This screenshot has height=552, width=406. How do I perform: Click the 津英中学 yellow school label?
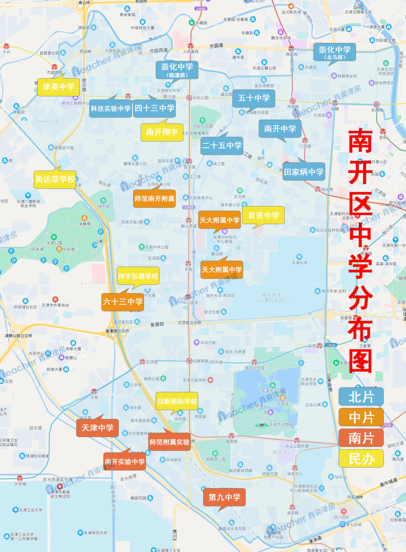click(58, 87)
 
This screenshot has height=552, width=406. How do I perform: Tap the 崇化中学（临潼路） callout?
click(177, 70)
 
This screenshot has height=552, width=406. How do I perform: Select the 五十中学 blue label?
click(254, 98)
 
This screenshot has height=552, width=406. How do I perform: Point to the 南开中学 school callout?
click(280, 129)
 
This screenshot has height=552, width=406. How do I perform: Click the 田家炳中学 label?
click(303, 172)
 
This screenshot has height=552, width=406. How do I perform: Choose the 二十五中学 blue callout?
click(222, 145)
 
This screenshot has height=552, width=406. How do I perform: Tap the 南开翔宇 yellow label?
click(162, 132)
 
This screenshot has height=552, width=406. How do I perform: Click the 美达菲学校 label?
click(55, 179)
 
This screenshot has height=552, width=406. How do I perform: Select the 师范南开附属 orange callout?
click(154, 198)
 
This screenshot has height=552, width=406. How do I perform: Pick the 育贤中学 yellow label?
click(263, 215)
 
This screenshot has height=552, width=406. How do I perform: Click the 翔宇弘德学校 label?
click(138, 276)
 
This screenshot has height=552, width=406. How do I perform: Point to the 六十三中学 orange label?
click(123, 302)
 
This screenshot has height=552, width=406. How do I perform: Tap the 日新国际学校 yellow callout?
click(177, 401)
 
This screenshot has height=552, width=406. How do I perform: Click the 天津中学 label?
click(97, 428)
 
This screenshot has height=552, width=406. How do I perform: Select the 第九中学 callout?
click(224, 497)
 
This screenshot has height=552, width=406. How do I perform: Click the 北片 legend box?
click(361, 397)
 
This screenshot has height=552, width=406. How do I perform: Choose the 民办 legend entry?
click(361, 459)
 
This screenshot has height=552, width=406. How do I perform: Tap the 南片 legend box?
click(361, 438)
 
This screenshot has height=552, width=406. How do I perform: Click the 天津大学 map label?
click(299, 263)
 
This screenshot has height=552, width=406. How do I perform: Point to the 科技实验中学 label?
click(111, 108)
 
